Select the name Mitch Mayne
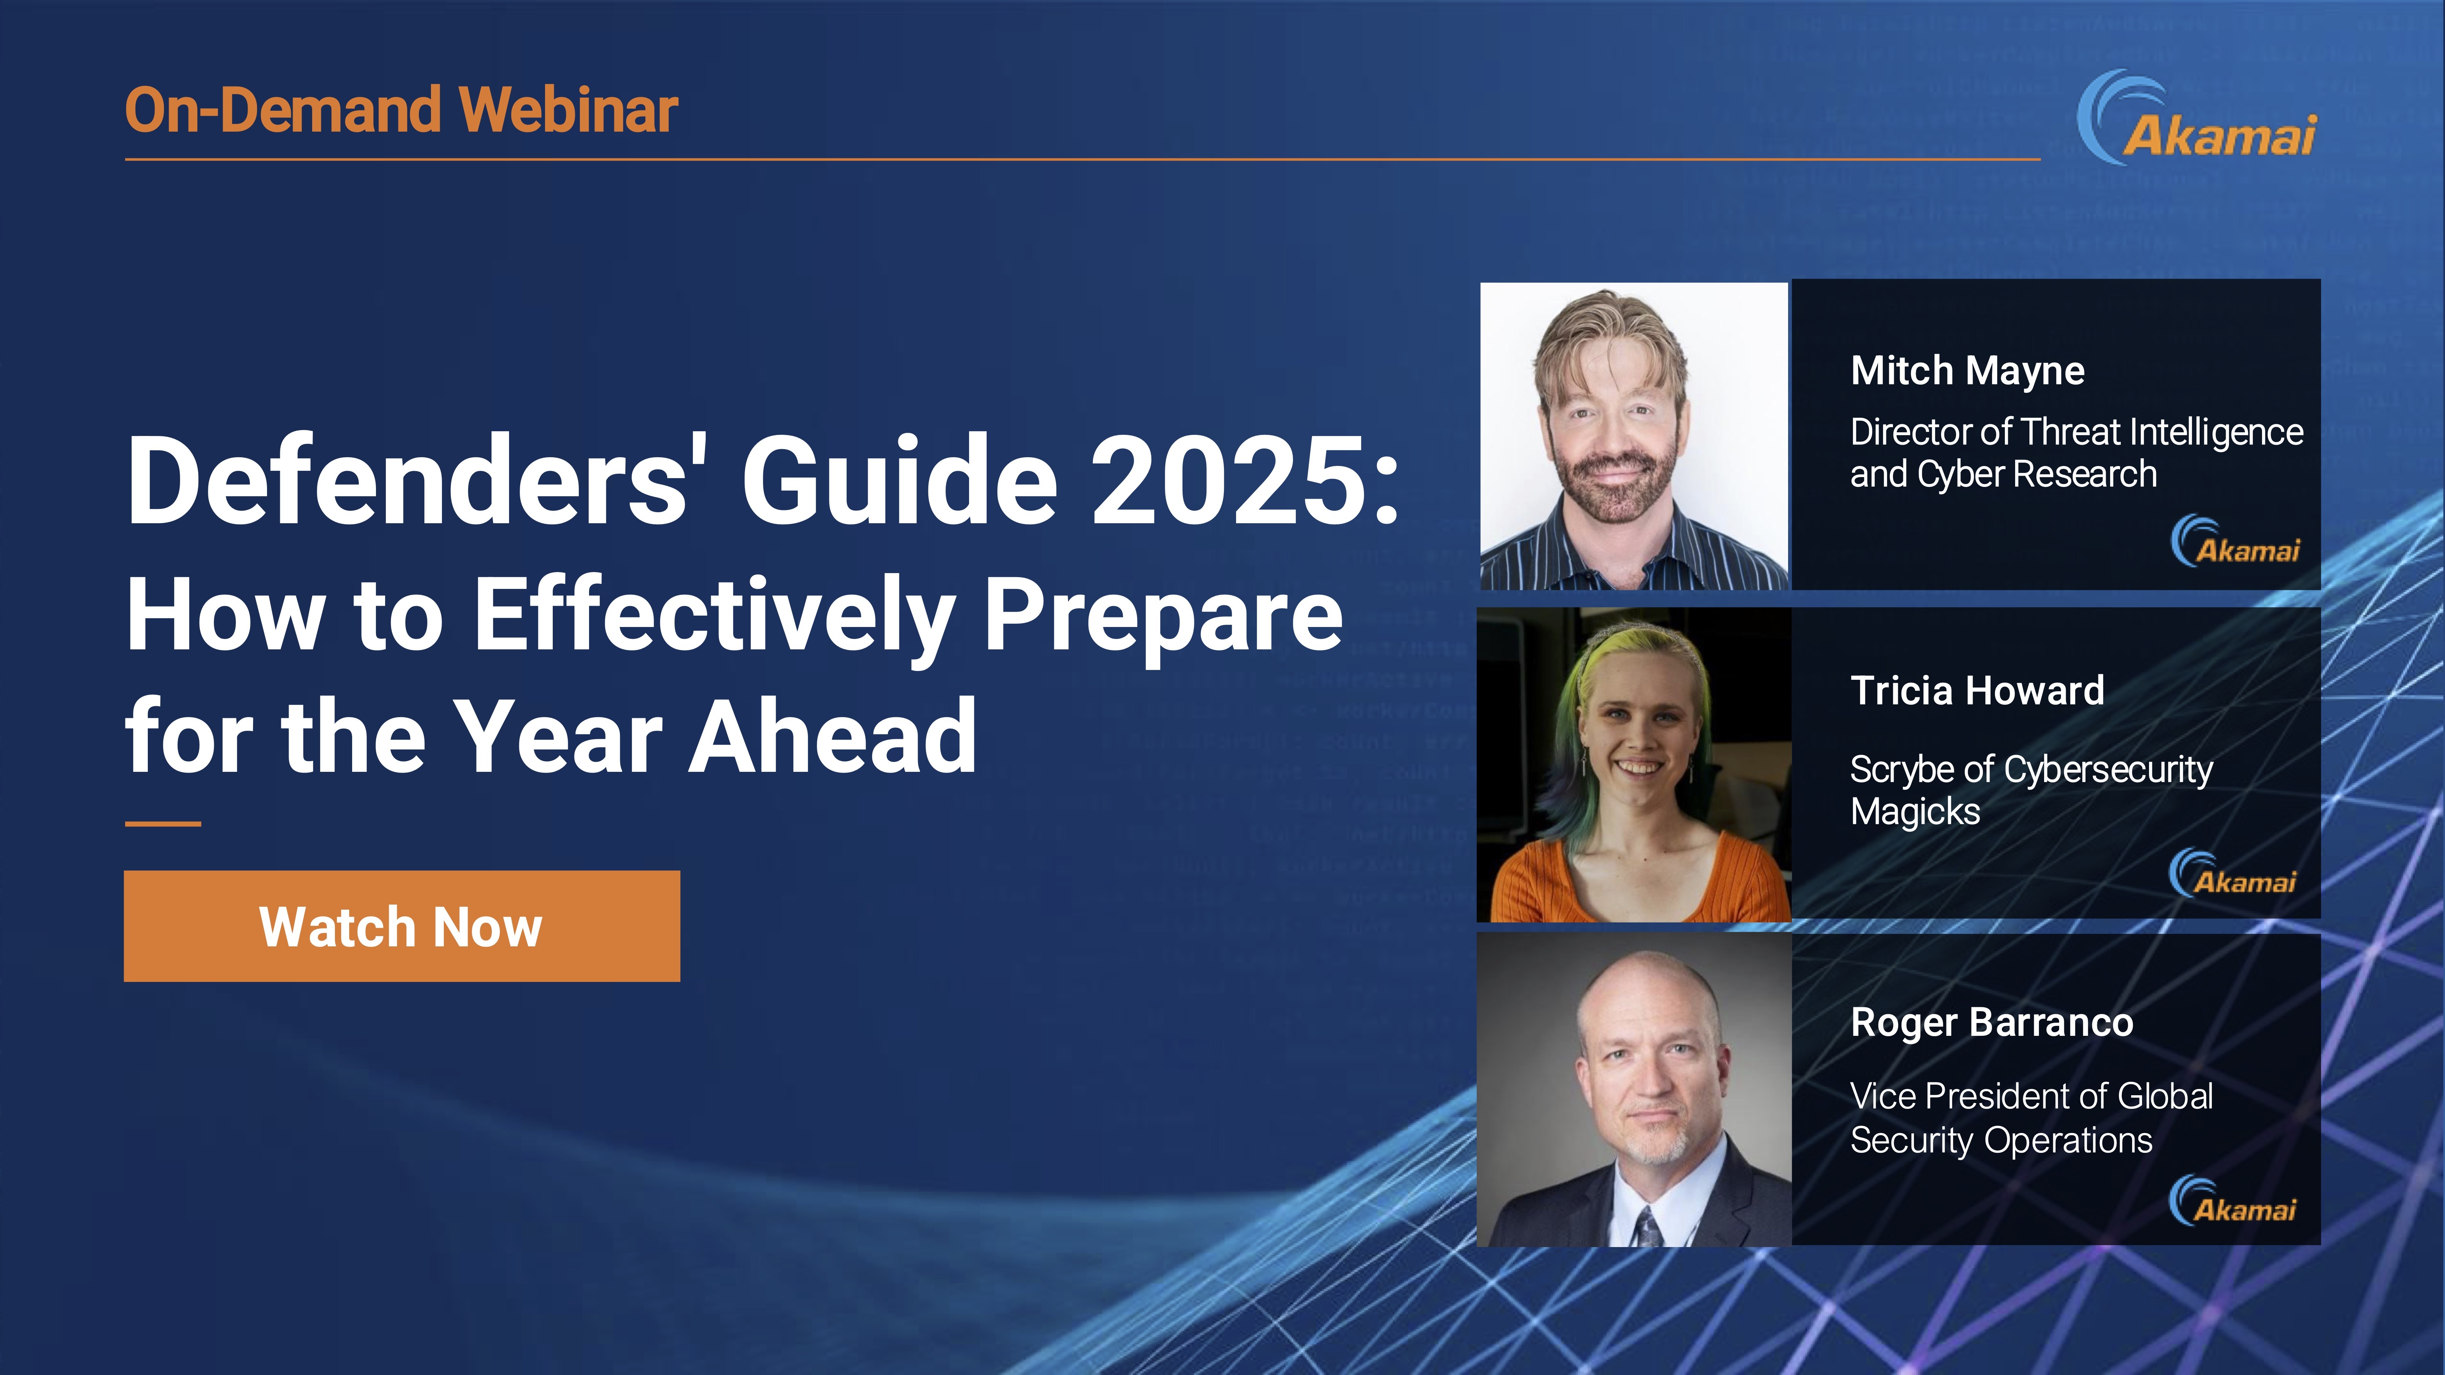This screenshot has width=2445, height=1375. pyautogui.click(x=1967, y=371)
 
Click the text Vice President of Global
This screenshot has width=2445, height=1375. pyautogui.click(x=2031, y=1096)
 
